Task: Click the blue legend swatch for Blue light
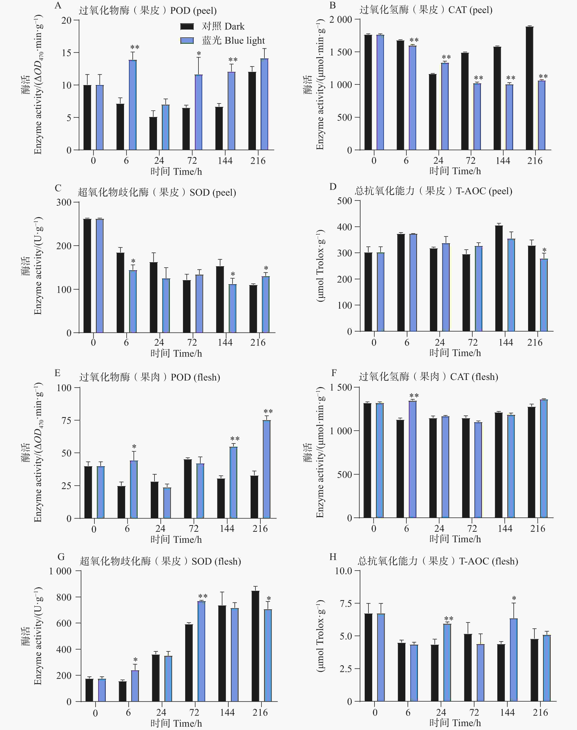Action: [x=187, y=41]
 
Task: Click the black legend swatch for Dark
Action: [x=187, y=26]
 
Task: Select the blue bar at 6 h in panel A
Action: [x=133, y=105]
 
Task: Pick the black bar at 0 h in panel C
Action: [x=87, y=276]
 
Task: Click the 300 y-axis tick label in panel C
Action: [x=64, y=202]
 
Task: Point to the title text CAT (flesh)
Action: [x=474, y=377]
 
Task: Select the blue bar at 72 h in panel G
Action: [x=201, y=651]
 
